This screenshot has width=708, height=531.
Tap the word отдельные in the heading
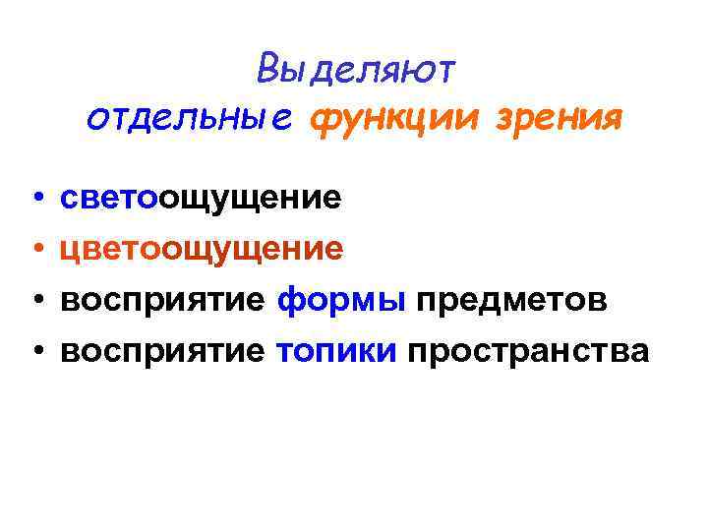[x=189, y=119]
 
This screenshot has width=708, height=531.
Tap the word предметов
[x=511, y=300]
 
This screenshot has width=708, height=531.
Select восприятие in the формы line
[x=162, y=300]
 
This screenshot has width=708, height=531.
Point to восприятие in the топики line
[x=162, y=350]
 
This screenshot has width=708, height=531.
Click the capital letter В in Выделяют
[x=268, y=70]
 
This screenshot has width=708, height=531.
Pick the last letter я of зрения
[x=611, y=121]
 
